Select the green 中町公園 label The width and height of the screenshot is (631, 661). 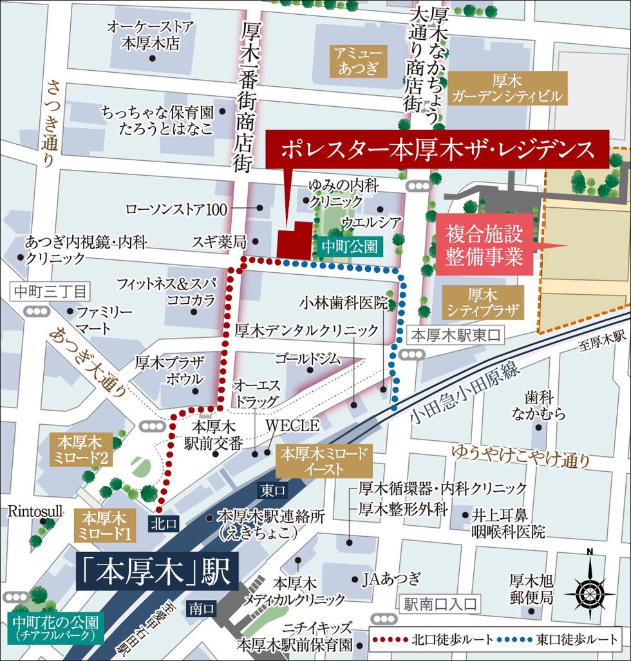348,245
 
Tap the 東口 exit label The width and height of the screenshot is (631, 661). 273,490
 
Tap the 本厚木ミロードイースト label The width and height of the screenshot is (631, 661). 325,460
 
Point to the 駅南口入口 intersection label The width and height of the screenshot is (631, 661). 440,604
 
